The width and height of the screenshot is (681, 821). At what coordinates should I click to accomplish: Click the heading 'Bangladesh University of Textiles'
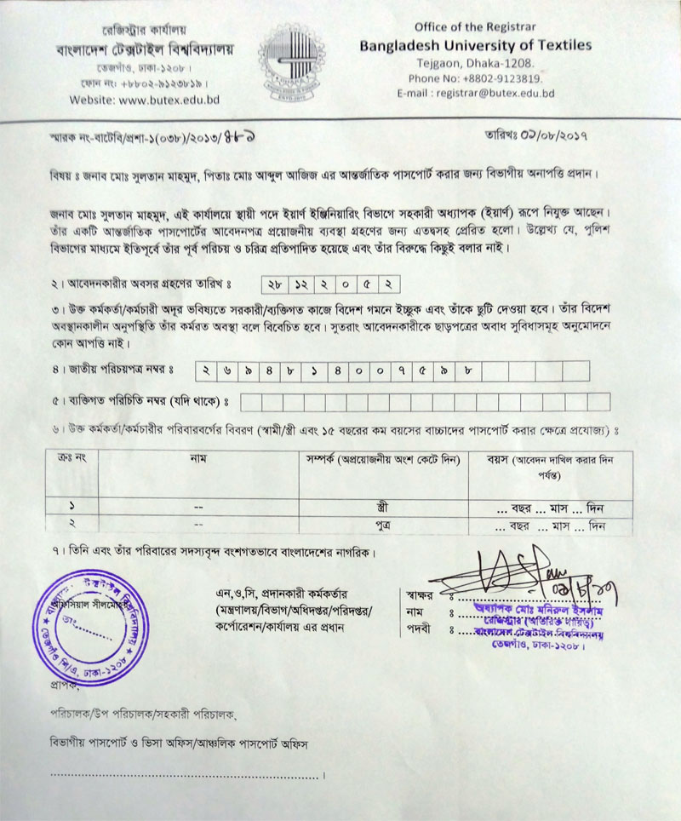point(475,45)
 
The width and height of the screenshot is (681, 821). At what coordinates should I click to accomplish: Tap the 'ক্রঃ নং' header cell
point(72,460)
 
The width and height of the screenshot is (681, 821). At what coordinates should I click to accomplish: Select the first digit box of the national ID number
point(207,370)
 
